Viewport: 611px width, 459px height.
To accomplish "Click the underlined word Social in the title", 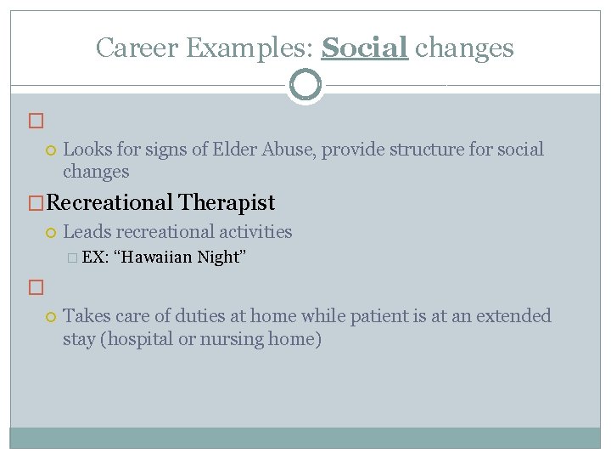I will tap(365, 48).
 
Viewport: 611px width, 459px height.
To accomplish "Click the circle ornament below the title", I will tap(305, 85).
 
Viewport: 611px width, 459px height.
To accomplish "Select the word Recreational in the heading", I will tap(110, 203).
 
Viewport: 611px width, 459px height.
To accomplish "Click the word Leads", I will tap(87, 232).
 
